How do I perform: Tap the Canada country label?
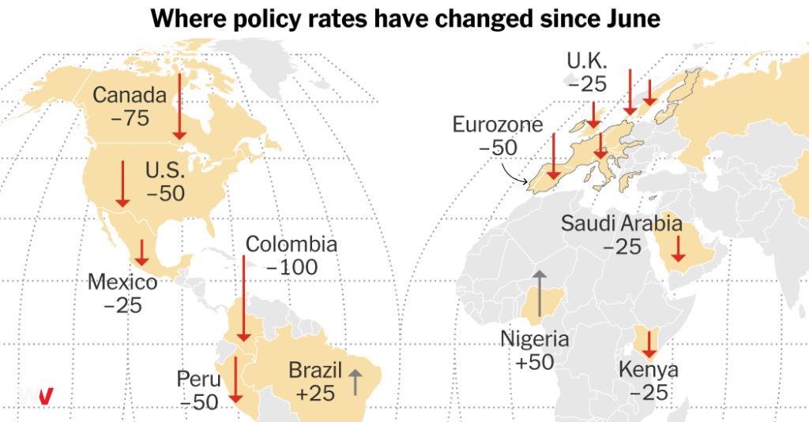(130, 95)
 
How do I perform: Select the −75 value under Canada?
(130, 118)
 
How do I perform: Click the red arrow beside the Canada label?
(179, 106)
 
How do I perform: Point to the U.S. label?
(165, 170)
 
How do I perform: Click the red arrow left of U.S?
(122, 184)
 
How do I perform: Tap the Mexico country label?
(122, 282)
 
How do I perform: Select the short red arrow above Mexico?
(141, 252)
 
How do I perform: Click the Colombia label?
(292, 245)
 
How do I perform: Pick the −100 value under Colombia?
(292, 267)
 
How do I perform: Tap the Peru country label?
(198, 379)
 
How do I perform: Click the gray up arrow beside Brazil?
(355, 382)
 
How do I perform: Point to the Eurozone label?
(498, 125)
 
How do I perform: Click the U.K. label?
(587, 61)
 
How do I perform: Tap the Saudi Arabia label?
(622, 224)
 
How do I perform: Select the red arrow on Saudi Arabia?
(678, 248)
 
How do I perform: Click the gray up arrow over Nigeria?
(539, 293)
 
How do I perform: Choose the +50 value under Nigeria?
(535, 362)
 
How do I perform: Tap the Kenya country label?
(649, 369)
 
